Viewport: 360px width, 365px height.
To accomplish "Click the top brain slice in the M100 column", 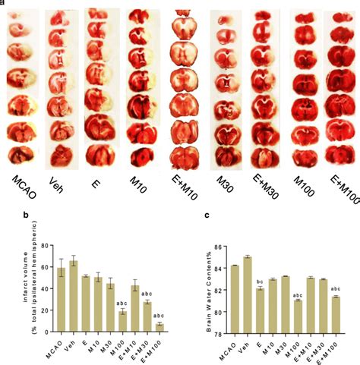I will click(304, 20).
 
